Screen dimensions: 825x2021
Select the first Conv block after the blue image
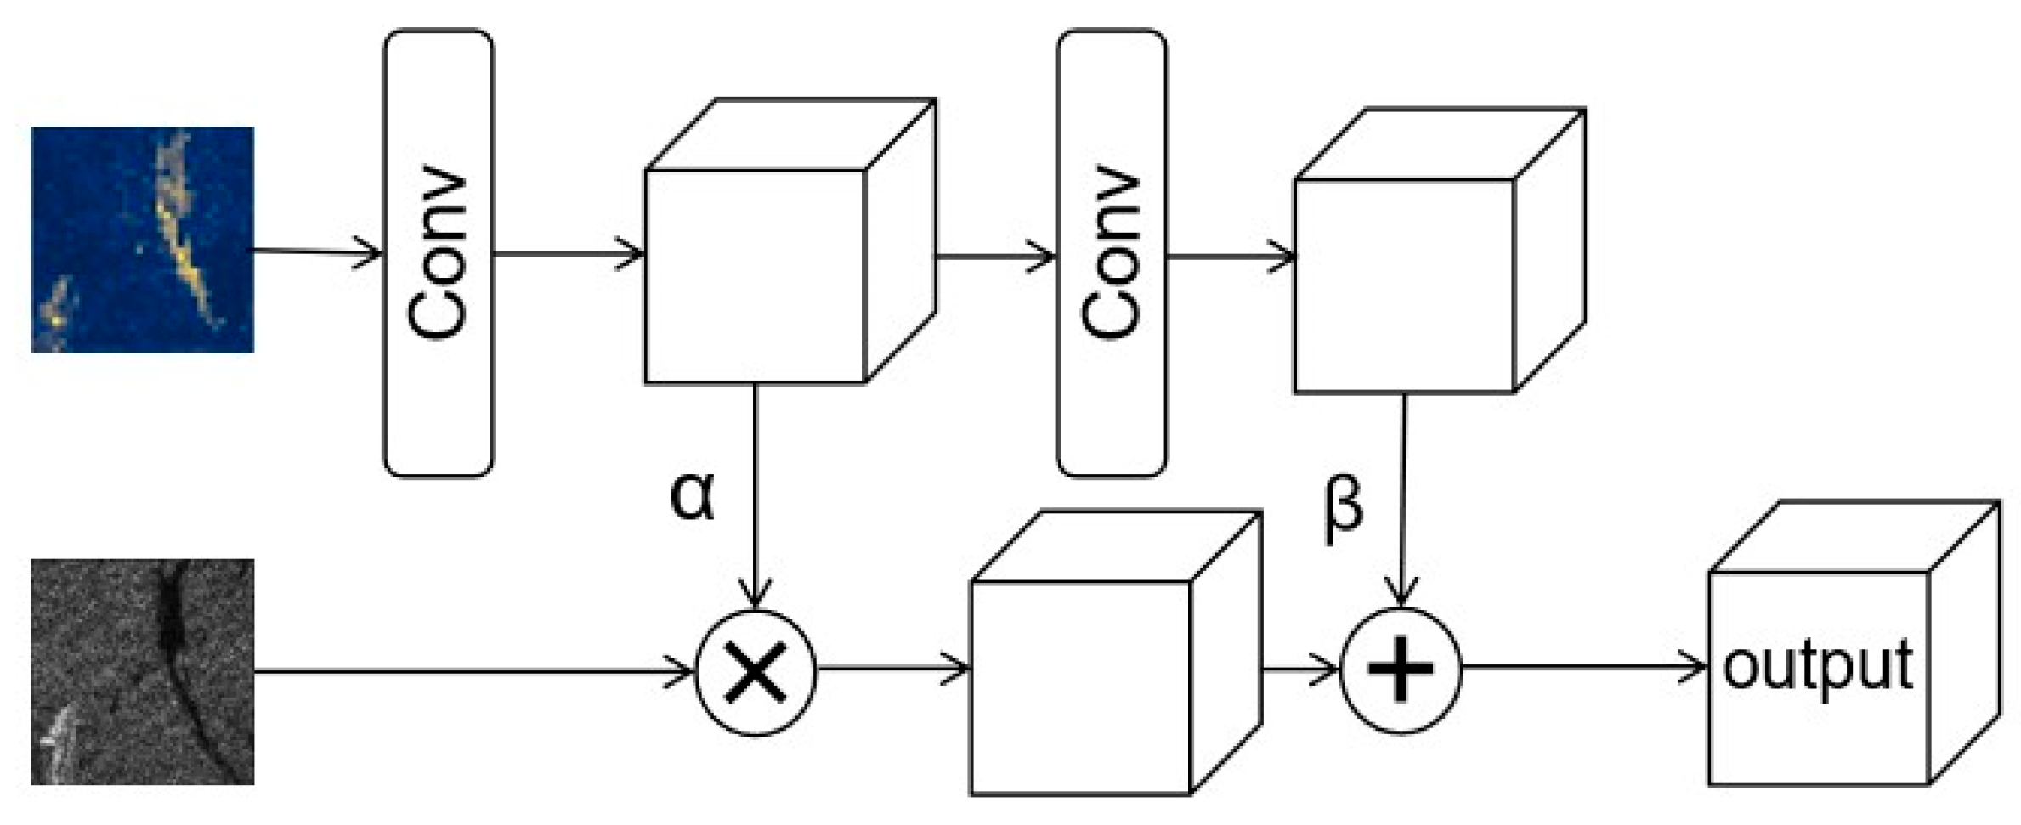pos(439,253)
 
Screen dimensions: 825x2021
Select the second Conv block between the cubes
pos(1111,253)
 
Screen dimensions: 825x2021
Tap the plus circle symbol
pos(1401,670)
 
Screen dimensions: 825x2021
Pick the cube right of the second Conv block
pos(1404,285)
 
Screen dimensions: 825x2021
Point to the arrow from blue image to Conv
pos(314,251)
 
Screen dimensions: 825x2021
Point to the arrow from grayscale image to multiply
pos(476,671)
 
